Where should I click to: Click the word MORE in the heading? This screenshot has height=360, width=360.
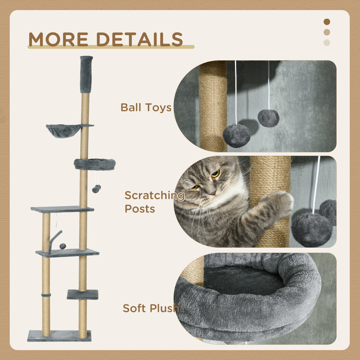click(59, 39)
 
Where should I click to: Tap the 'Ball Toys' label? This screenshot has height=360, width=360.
click(146, 107)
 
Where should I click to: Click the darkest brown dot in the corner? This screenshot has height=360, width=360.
click(327, 21)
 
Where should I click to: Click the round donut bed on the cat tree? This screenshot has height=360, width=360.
click(94, 164)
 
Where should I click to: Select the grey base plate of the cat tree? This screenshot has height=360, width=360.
click(59, 335)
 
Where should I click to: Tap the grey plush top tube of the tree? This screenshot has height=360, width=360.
click(86, 74)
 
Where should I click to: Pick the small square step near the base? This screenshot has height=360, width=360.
click(82, 294)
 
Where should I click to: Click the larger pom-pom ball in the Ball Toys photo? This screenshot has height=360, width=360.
click(236, 135)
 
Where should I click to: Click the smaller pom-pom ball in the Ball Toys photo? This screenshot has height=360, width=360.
click(268, 118)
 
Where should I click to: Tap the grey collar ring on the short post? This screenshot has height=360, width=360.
click(45, 296)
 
